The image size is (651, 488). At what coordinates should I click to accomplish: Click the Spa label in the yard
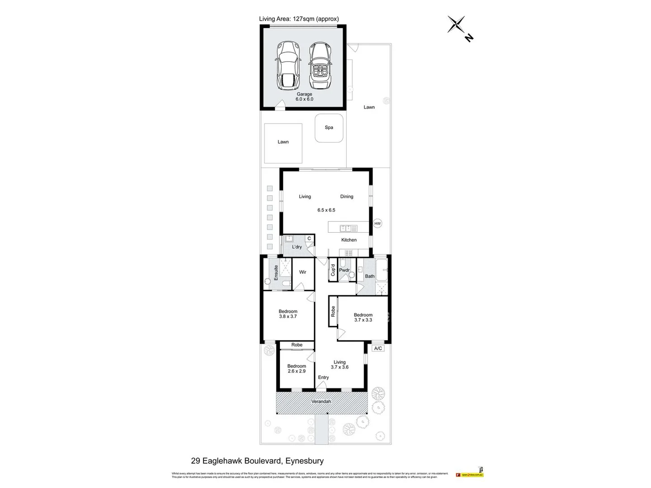[329, 127]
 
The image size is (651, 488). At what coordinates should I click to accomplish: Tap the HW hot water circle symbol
[377, 223]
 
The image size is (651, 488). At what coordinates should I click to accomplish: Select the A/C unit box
[378, 348]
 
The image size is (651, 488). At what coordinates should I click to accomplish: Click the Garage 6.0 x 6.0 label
[304, 97]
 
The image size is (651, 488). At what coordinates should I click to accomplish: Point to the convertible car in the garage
[320, 66]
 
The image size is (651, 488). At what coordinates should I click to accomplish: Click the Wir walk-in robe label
[302, 272]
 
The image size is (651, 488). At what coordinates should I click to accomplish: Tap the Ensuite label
[276, 272]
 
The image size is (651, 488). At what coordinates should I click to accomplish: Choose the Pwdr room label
[344, 270]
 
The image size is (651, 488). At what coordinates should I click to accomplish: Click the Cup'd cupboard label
[333, 270]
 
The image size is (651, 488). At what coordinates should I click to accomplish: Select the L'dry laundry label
[297, 247]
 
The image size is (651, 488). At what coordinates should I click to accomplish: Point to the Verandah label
[321, 401]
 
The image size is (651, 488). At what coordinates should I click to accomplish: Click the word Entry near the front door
[323, 377]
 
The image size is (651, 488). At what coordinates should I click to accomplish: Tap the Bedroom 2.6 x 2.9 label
[297, 369]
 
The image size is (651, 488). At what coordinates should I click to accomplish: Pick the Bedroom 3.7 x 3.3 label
[363, 317]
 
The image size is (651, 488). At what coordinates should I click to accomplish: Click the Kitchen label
[349, 240]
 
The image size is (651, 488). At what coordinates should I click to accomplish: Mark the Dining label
[347, 197]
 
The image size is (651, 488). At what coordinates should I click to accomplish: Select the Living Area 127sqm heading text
[299, 19]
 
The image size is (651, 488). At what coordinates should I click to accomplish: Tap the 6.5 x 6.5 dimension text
[326, 210]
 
